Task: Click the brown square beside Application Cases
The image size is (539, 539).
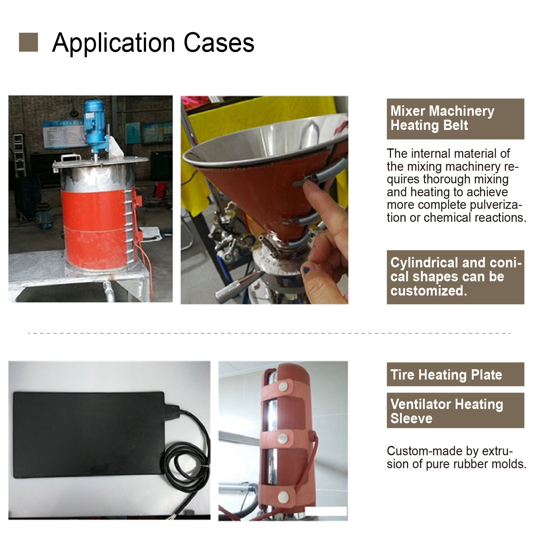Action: (28, 42)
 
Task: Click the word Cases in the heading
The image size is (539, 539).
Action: (219, 43)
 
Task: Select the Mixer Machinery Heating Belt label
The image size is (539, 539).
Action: (455, 119)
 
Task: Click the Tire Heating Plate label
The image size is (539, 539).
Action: (455, 374)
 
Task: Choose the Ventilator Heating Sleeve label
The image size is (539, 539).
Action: (455, 411)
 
